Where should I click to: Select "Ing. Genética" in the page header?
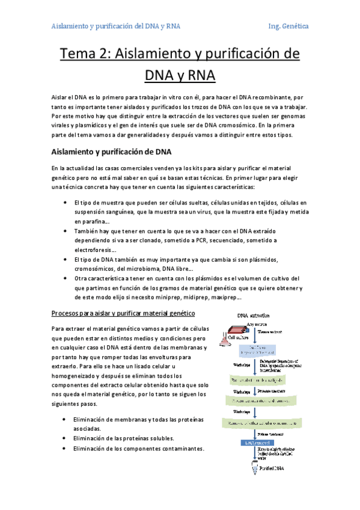coord(288,26)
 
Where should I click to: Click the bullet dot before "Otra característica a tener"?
coord(64,278)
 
